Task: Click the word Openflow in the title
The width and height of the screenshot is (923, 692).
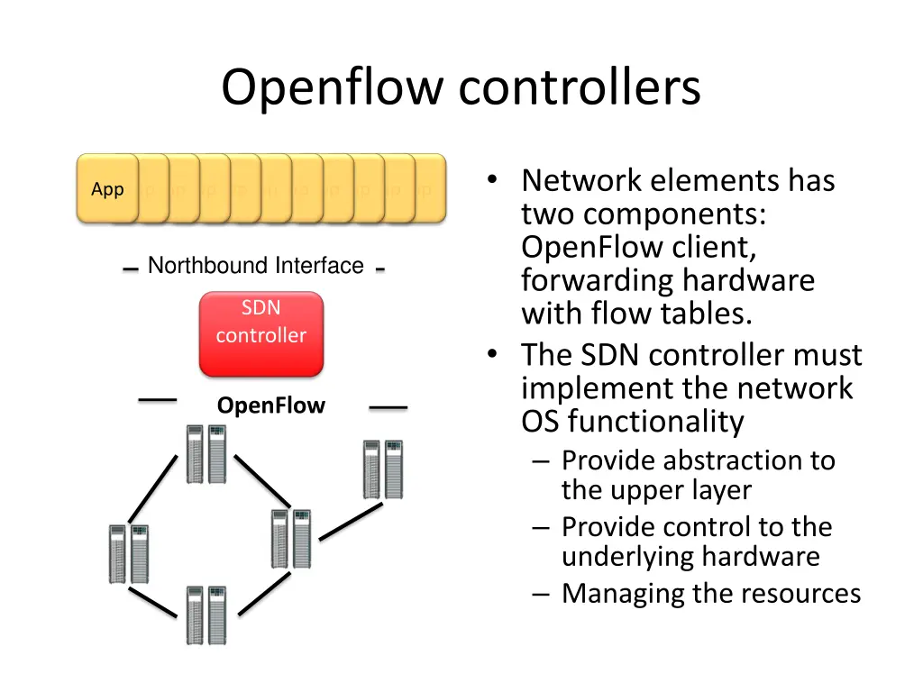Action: (x=332, y=87)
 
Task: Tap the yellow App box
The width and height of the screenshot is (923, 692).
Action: (x=108, y=189)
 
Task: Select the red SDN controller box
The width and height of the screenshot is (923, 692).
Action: (x=261, y=333)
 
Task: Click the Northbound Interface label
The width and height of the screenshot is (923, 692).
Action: (x=255, y=266)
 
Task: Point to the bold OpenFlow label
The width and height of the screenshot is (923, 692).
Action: (x=271, y=405)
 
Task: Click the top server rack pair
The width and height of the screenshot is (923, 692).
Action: (x=206, y=454)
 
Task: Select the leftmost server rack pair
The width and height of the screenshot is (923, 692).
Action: (x=129, y=554)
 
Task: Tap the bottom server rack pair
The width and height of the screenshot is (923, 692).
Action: (x=206, y=615)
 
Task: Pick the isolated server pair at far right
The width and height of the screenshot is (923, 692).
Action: (x=383, y=469)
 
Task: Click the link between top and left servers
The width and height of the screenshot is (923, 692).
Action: (x=152, y=489)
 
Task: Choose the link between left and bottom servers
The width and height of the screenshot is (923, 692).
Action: (x=152, y=603)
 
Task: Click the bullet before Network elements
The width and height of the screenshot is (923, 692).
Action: (x=492, y=179)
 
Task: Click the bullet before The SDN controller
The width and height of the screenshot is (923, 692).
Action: (x=492, y=353)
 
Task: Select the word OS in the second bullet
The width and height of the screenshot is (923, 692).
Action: (x=540, y=422)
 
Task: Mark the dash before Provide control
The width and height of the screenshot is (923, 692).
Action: (x=541, y=528)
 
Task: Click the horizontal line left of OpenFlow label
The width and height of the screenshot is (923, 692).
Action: (x=157, y=400)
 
